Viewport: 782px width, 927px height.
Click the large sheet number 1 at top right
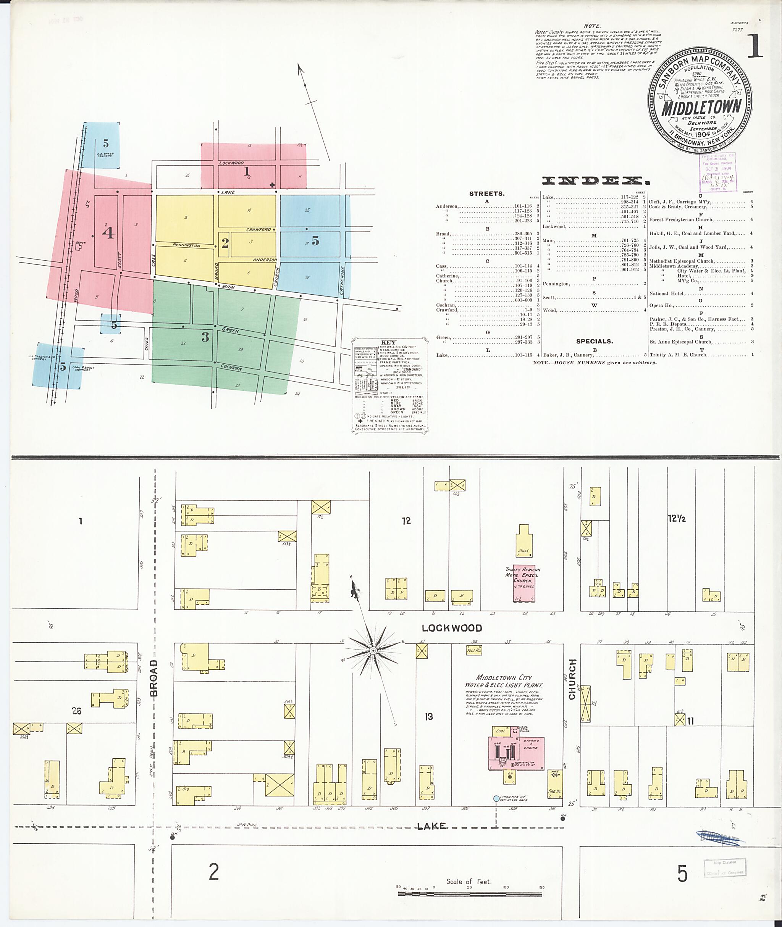click(x=755, y=48)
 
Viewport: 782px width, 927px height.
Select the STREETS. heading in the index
click(x=487, y=193)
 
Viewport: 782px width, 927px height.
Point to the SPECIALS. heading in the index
click(x=594, y=341)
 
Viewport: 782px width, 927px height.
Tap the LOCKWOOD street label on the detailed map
click(x=452, y=628)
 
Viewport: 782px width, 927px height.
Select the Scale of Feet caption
click(x=469, y=882)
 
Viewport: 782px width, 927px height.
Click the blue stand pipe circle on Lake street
click(x=496, y=799)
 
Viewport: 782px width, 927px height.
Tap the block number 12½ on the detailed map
click(x=677, y=518)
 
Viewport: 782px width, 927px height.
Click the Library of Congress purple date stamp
click(x=717, y=173)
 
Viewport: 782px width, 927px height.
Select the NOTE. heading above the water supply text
click(x=592, y=26)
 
